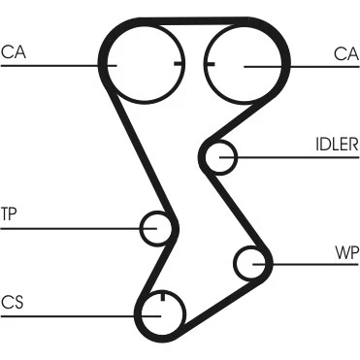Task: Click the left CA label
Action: click(14, 52)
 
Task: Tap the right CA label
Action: click(346, 54)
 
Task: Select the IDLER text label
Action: click(337, 145)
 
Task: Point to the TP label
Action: click(9, 214)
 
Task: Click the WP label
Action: click(347, 253)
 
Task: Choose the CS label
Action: click(13, 303)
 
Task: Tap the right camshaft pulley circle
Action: click(244, 103)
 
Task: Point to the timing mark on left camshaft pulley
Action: click(179, 63)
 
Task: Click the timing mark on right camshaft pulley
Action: click(210, 64)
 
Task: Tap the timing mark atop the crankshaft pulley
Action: click(163, 296)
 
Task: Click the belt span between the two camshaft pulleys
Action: click(194, 21)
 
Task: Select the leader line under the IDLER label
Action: click(289, 157)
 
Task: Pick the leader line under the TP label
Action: click(79, 229)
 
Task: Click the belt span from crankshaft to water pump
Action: click(218, 303)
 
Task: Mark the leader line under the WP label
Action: click(306, 264)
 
